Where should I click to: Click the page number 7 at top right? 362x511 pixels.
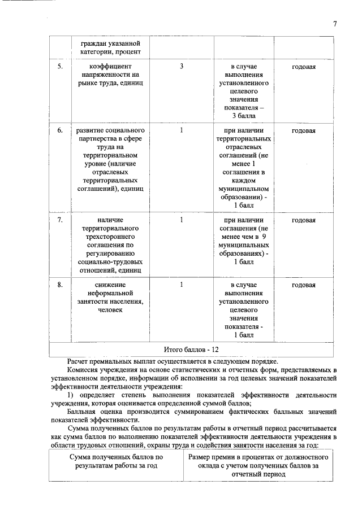pyautogui.click(x=335, y=24)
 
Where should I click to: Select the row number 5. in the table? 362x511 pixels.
pyautogui.click(x=60, y=67)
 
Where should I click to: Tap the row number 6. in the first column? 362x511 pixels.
pyautogui.click(x=60, y=130)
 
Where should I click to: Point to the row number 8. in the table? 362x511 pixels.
pyautogui.click(x=60, y=285)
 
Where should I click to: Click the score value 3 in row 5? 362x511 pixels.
pyautogui.click(x=181, y=67)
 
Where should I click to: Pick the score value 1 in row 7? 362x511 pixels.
pyautogui.click(x=181, y=220)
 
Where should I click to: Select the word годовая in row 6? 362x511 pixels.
pyautogui.click(x=303, y=130)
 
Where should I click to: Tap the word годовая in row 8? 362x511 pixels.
pyautogui.click(x=303, y=285)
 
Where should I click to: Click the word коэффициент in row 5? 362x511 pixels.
pyautogui.click(x=110, y=67)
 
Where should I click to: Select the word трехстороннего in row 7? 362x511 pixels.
pyautogui.click(x=110, y=237)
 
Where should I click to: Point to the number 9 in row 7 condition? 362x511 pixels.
pyautogui.click(x=264, y=237)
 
